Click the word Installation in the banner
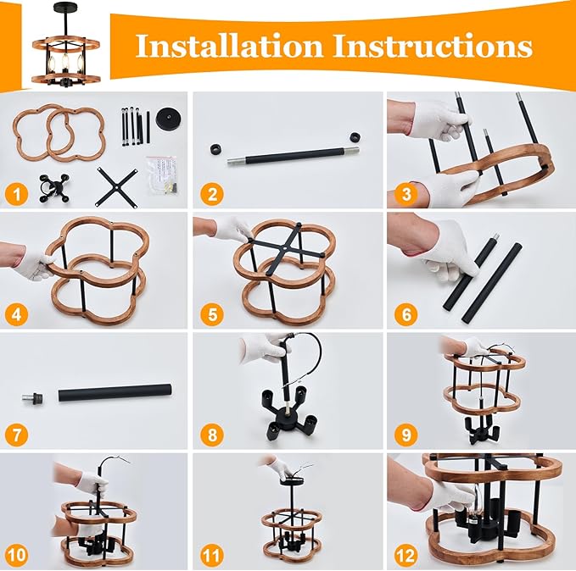coord(229,46)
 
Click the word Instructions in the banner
coord(433,46)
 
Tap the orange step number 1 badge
coord(16,194)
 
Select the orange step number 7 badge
coord(16,435)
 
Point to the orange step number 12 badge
coord(406,555)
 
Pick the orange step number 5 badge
coord(212,315)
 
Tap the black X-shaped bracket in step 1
coord(117,186)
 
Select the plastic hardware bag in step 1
coord(162,175)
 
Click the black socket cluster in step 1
coord(54,188)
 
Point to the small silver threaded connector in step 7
coord(32,398)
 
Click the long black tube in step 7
coord(115,392)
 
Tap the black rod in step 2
coord(294,156)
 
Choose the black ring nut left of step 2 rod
coord(216,150)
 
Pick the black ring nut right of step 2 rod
coord(355,137)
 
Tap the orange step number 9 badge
coord(406,435)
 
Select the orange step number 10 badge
coord(16,555)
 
